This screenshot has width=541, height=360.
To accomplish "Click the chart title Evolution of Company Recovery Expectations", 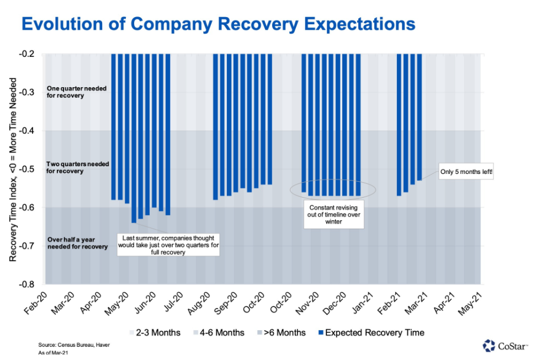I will point(218,24).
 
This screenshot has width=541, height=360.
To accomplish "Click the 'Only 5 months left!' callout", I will point(466,172).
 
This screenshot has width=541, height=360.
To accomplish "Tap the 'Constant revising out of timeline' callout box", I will point(333,215).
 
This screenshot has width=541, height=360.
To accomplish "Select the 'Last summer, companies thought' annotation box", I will point(168,244).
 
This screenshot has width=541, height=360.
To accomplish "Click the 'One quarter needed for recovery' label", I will point(77,92).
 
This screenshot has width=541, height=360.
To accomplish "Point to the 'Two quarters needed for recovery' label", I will point(77,168).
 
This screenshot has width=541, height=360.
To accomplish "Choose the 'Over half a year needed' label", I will point(77,243).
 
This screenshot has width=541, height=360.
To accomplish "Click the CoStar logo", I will point(505,346).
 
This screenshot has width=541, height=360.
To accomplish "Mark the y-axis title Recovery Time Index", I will point(13,169).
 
